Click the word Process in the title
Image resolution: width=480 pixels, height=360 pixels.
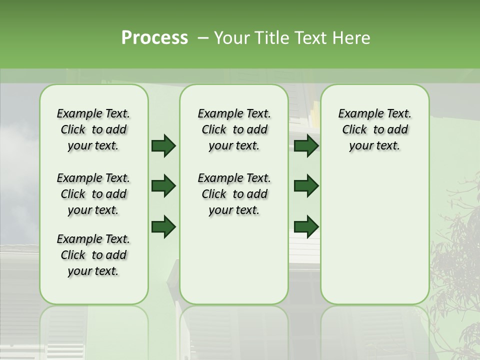pyautogui.click(x=154, y=38)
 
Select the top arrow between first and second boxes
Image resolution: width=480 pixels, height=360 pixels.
pyautogui.click(x=163, y=146)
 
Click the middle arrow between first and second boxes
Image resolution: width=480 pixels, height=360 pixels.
pyautogui.click(x=163, y=186)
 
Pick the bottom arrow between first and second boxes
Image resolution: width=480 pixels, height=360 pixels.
pyautogui.click(x=163, y=226)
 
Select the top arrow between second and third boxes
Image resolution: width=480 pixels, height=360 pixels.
pyautogui.click(x=306, y=146)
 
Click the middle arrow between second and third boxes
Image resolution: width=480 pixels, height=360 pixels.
pyautogui.click(x=306, y=186)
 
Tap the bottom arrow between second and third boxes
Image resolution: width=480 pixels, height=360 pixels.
pyautogui.click(x=306, y=226)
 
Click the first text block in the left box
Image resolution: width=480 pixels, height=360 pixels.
pyautogui.click(x=93, y=130)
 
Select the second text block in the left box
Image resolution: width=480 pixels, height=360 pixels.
pyautogui.click(x=93, y=194)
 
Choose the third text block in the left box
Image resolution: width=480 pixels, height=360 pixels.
pyautogui.click(x=93, y=255)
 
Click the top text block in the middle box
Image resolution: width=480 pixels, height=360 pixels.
pyautogui.click(x=234, y=130)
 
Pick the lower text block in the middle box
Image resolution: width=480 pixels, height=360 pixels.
pyautogui.click(x=234, y=194)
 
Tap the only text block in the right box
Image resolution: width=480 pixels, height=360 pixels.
pyautogui.click(x=374, y=130)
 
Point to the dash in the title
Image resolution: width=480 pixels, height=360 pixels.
pyautogui.click(x=203, y=38)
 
